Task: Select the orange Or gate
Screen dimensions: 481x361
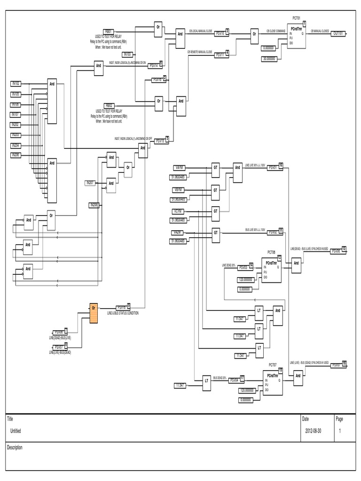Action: coord(94,314)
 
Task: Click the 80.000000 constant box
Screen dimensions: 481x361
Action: coord(270,59)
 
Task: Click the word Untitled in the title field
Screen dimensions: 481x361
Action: coord(16,431)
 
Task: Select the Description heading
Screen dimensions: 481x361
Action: coord(15,448)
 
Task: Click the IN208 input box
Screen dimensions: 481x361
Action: coord(95,205)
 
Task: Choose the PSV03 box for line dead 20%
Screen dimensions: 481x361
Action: coord(243,267)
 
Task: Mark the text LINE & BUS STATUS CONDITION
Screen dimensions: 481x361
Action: coord(123,313)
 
